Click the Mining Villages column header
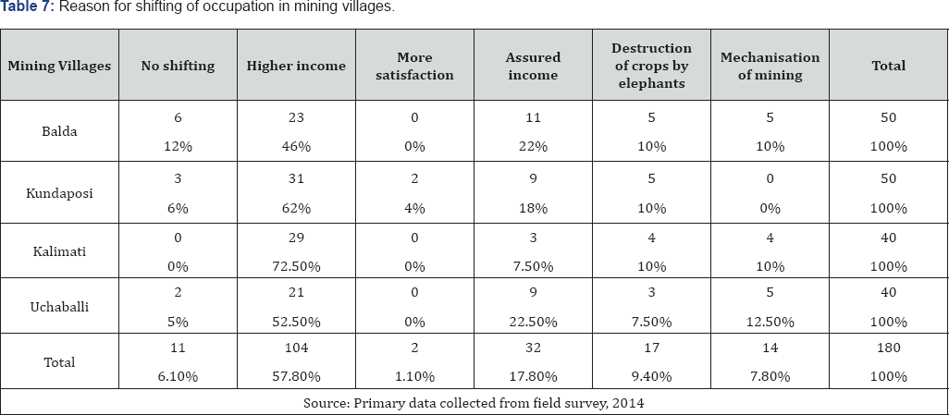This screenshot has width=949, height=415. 59,66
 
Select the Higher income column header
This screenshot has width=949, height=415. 296,66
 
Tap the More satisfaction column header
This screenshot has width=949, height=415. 414,66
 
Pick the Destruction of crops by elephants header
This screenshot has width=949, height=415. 651,66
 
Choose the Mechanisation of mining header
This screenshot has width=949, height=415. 770,66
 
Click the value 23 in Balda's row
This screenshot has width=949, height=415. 296,118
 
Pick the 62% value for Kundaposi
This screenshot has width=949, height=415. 296,209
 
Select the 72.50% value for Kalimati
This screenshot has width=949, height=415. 296,267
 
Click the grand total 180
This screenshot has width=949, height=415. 889,349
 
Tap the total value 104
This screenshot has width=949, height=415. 296,349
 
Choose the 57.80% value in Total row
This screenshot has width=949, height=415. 296,376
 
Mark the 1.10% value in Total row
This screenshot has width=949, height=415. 414,376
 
